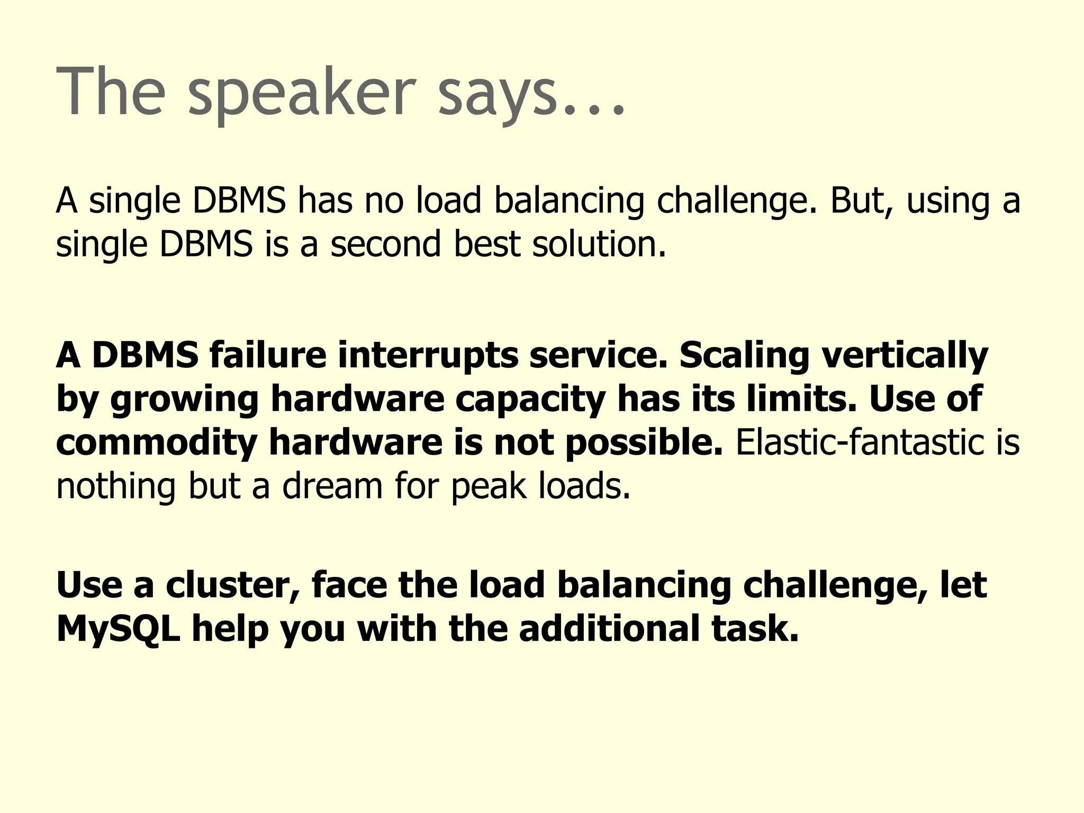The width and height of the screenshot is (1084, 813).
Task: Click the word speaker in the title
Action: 300,91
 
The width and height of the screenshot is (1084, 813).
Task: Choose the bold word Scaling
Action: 744,356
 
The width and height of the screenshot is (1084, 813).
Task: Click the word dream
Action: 332,485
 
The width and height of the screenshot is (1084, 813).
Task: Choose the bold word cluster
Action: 233,585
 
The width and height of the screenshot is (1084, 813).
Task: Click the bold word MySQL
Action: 118,629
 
